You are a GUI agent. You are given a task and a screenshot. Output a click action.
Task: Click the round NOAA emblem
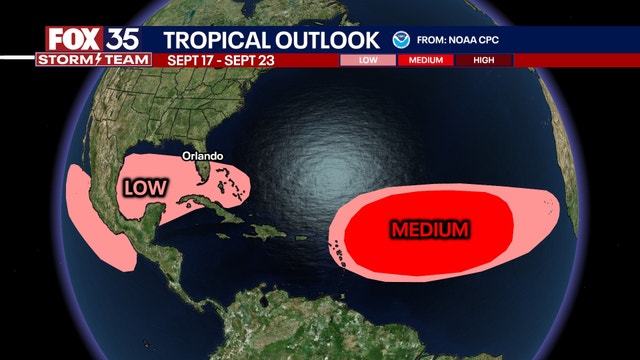click(401, 40)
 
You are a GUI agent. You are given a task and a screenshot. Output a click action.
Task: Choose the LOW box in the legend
click(368, 60)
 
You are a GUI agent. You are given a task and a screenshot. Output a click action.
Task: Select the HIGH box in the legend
click(485, 60)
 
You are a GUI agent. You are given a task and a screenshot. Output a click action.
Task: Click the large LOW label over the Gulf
click(146, 187)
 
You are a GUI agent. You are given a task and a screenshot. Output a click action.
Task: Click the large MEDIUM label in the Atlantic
click(430, 230)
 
